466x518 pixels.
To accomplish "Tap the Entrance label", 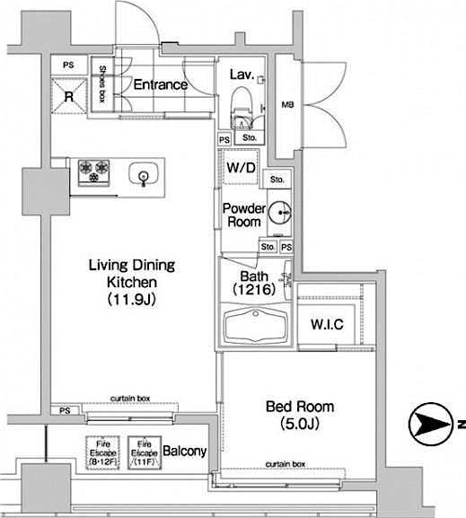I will point(161,85).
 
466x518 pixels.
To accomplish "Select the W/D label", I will point(240,168).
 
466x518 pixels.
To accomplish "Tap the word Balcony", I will point(186,451).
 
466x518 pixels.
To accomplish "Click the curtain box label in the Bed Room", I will point(286,464).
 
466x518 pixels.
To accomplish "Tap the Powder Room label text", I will point(242,215).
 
